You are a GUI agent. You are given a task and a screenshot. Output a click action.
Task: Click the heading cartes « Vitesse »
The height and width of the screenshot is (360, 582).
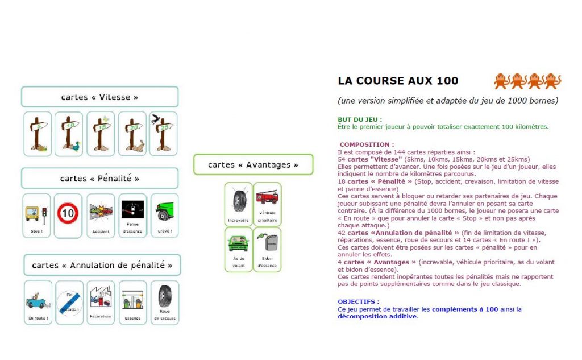point(99,97)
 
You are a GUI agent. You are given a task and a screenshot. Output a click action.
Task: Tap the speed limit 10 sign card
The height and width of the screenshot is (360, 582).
point(68,215)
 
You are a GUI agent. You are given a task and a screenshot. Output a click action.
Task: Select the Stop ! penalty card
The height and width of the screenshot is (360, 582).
point(36,215)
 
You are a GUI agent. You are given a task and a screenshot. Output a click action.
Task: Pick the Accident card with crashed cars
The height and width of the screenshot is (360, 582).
point(101,215)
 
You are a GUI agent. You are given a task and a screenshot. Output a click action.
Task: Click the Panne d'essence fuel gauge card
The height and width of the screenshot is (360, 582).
point(132,215)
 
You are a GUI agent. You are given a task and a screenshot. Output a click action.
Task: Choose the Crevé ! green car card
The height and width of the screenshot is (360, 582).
point(164,215)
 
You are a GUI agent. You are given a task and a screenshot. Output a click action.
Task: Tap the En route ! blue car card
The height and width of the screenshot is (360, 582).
point(38,302)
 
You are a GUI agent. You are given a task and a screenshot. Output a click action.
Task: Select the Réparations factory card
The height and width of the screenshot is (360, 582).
point(101,302)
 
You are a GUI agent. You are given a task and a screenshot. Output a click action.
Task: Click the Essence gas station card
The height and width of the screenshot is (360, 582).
point(132,302)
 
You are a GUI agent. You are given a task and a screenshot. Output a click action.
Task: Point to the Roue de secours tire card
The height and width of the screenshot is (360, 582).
point(165,302)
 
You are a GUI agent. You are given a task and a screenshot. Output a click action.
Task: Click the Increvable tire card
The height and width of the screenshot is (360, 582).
point(238,204)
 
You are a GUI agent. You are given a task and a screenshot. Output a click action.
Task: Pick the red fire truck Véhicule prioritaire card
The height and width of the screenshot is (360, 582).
point(267,204)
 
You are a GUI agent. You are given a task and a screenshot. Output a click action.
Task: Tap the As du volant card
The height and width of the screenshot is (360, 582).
point(238,249)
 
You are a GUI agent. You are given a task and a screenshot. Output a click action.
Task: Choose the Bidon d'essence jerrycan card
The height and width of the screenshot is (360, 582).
point(267,249)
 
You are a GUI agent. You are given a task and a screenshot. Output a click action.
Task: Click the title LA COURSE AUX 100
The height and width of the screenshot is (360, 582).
point(398,81)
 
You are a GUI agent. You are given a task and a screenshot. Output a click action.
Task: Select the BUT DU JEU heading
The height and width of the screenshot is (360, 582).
point(359,119)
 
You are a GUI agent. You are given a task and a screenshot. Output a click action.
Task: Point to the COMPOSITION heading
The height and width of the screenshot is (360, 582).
point(367,144)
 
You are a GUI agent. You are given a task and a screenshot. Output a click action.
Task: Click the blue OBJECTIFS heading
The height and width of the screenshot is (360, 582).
point(358,301)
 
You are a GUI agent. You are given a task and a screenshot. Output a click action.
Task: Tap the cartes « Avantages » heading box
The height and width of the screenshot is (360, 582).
point(253,164)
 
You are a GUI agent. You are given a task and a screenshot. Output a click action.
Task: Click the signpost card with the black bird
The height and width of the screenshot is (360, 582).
point(163,134)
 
